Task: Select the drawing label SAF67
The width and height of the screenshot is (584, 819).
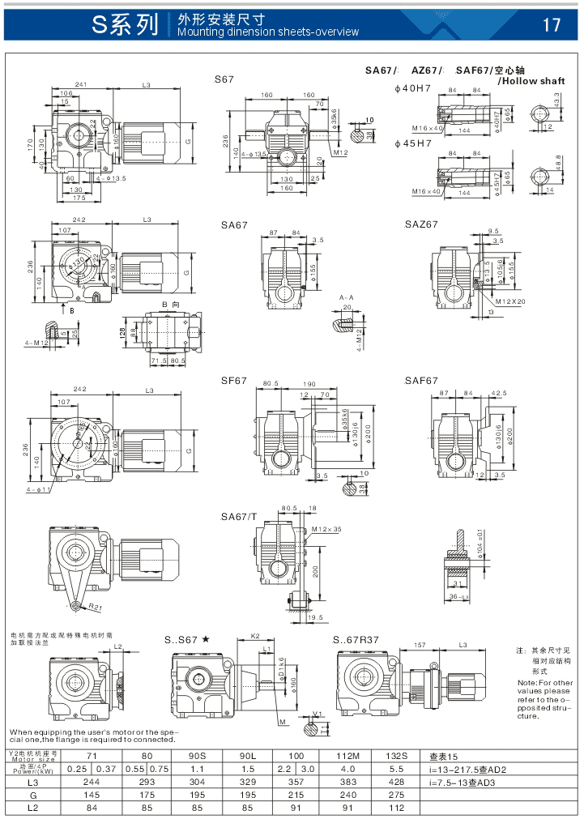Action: point(421,380)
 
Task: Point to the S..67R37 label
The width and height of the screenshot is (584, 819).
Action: point(356,640)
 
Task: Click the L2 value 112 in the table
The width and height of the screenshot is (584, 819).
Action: point(396,808)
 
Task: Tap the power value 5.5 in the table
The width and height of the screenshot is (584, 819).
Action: point(396,768)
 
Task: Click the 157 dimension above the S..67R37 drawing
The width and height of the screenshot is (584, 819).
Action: point(420,645)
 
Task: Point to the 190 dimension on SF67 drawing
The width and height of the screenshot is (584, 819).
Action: point(309,384)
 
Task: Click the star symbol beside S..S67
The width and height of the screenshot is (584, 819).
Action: point(206,639)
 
